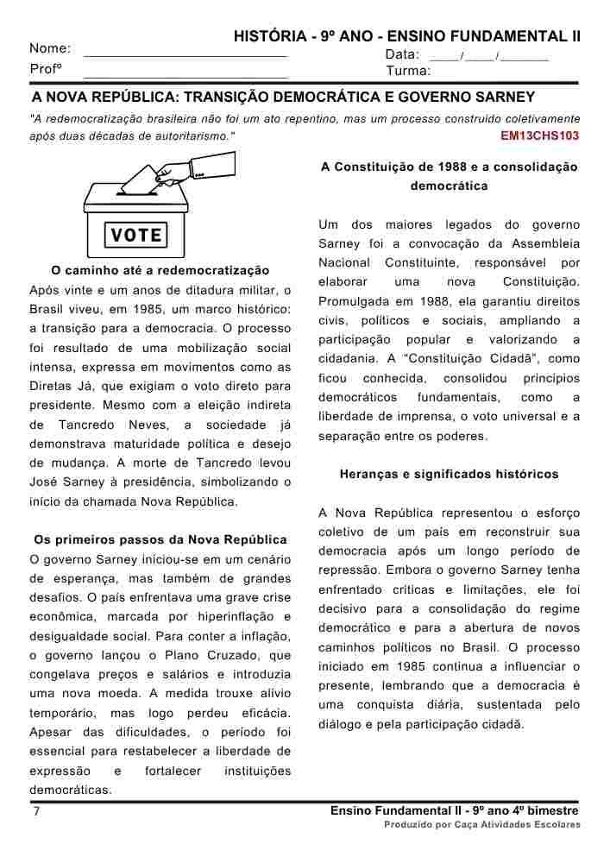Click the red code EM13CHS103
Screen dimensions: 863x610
tap(539, 136)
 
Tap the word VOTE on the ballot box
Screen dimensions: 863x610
tap(137, 235)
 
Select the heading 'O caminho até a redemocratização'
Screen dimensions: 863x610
tap(160, 270)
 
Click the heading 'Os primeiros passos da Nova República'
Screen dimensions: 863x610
tap(159, 540)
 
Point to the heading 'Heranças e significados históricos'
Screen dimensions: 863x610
tap(449, 474)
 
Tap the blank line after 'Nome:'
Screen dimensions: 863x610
tap(186, 54)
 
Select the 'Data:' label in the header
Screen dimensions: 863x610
tap(402, 54)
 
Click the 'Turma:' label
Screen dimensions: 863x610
tap(409, 71)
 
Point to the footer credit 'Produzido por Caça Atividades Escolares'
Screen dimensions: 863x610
tap(482, 825)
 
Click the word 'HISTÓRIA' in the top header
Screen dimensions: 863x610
tap(268, 36)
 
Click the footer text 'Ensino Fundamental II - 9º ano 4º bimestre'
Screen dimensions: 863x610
tap(455, 811)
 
